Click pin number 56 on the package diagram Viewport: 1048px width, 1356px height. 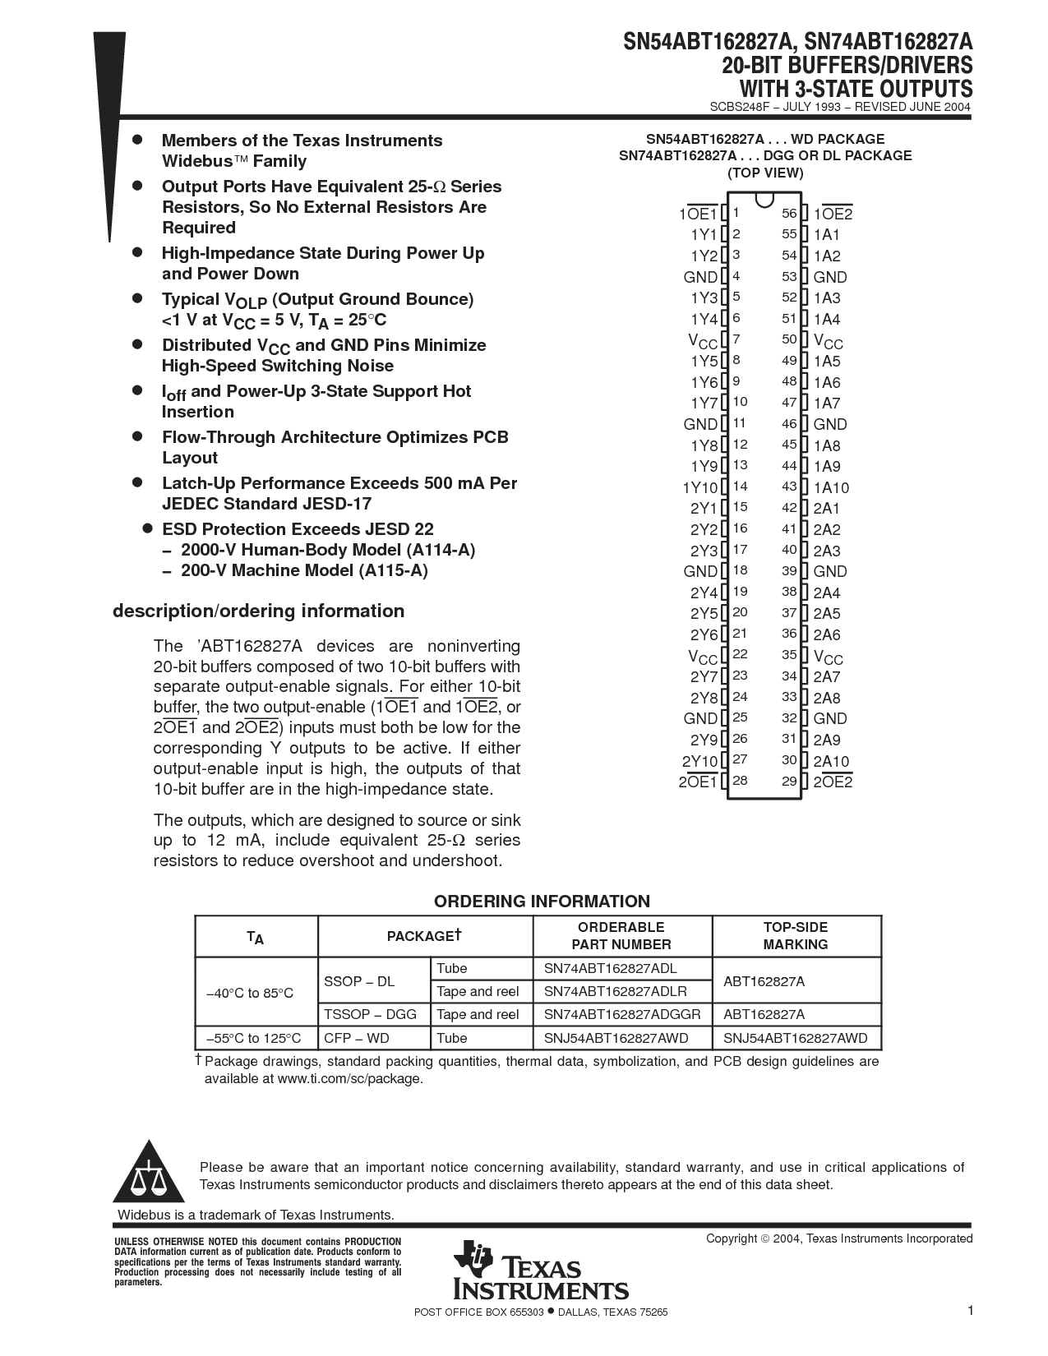pos(789,214)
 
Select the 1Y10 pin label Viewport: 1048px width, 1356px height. pos(699,487)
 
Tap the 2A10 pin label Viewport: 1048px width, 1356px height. pos(831,761)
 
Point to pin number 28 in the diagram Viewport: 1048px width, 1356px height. pos(740,781)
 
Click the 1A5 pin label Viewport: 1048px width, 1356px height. pos(827,361)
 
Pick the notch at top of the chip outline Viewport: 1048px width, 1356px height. pos(764,200)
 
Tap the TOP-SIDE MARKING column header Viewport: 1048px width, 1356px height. pos(795,936)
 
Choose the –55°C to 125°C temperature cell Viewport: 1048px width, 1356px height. pos(254,1038)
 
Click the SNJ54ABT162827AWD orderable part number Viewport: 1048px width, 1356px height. pos(616,1038)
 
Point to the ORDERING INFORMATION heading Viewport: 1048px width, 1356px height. pos(542,901)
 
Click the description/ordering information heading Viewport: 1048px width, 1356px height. pos(258,611)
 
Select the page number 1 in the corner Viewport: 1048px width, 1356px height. pos(971,1310)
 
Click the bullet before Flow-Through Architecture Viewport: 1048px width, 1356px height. pos(138,436)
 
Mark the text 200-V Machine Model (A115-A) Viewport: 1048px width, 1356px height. pos(304,570)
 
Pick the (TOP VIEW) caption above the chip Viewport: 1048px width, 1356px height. pos(764,173)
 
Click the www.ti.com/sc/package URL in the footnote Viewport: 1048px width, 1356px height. pos(349,1078)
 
